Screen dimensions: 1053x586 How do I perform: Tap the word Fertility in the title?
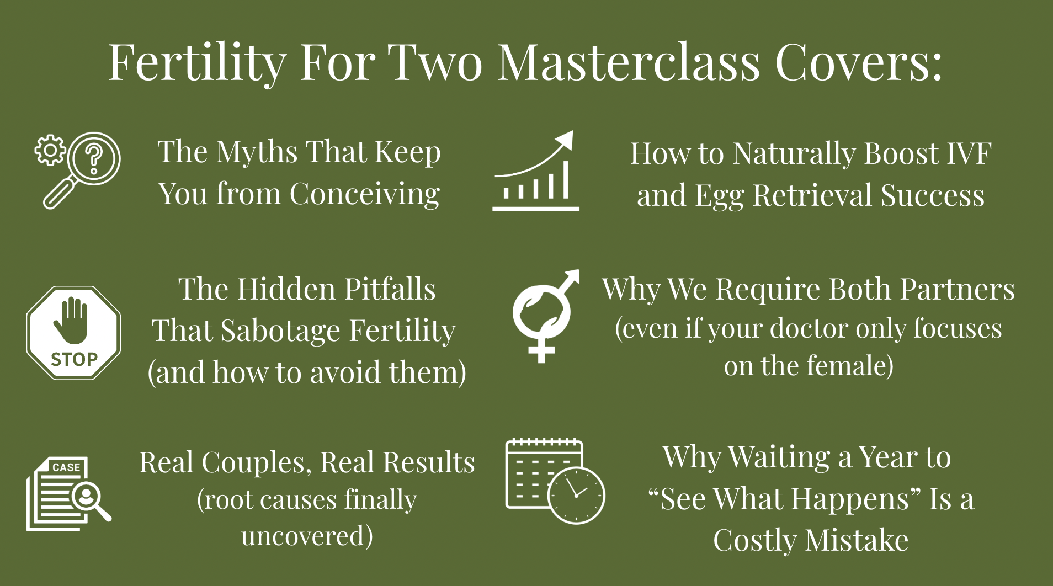point(197,63)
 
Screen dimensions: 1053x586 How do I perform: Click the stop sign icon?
point(73,333)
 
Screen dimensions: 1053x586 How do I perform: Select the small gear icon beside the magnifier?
point(50,150)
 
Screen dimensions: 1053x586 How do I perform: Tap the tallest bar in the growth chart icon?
point(566,179)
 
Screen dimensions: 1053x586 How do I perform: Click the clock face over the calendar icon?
point(576,495)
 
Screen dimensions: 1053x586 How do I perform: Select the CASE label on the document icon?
point(67,467)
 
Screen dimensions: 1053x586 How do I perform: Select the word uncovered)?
point(307,536)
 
